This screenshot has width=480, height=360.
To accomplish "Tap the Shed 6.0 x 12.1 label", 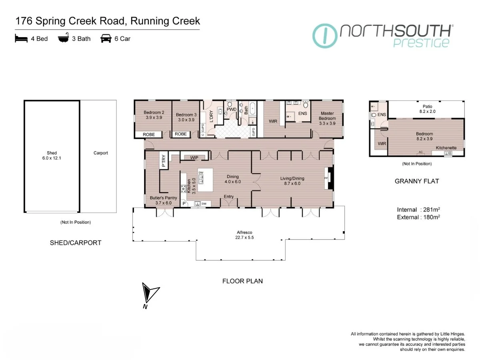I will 52,156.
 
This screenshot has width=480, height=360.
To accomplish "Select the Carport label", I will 100,153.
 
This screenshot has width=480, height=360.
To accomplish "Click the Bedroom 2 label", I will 154,115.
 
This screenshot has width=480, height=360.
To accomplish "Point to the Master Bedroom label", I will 327,116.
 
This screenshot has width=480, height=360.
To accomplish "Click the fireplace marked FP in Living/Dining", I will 326,178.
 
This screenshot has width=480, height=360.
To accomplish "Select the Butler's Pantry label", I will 163,200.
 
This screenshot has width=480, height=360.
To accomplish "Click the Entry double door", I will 229,202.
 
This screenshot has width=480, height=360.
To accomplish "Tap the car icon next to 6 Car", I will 106,39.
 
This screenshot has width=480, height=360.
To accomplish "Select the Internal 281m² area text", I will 418,210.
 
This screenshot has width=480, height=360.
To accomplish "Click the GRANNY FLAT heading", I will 417,181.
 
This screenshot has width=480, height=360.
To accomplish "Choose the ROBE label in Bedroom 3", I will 181,134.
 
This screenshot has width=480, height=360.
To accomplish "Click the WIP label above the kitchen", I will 194,158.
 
